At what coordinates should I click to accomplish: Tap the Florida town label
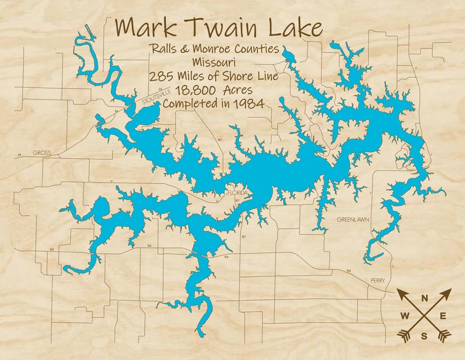point(239,193)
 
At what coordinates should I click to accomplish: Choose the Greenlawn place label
point(353,220)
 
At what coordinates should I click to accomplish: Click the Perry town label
point(378,281)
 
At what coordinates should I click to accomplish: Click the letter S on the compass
point(424,335)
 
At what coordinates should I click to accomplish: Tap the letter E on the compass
point(443,317)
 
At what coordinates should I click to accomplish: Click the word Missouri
point(213,63)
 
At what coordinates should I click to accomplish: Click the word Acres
point(237,90)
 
